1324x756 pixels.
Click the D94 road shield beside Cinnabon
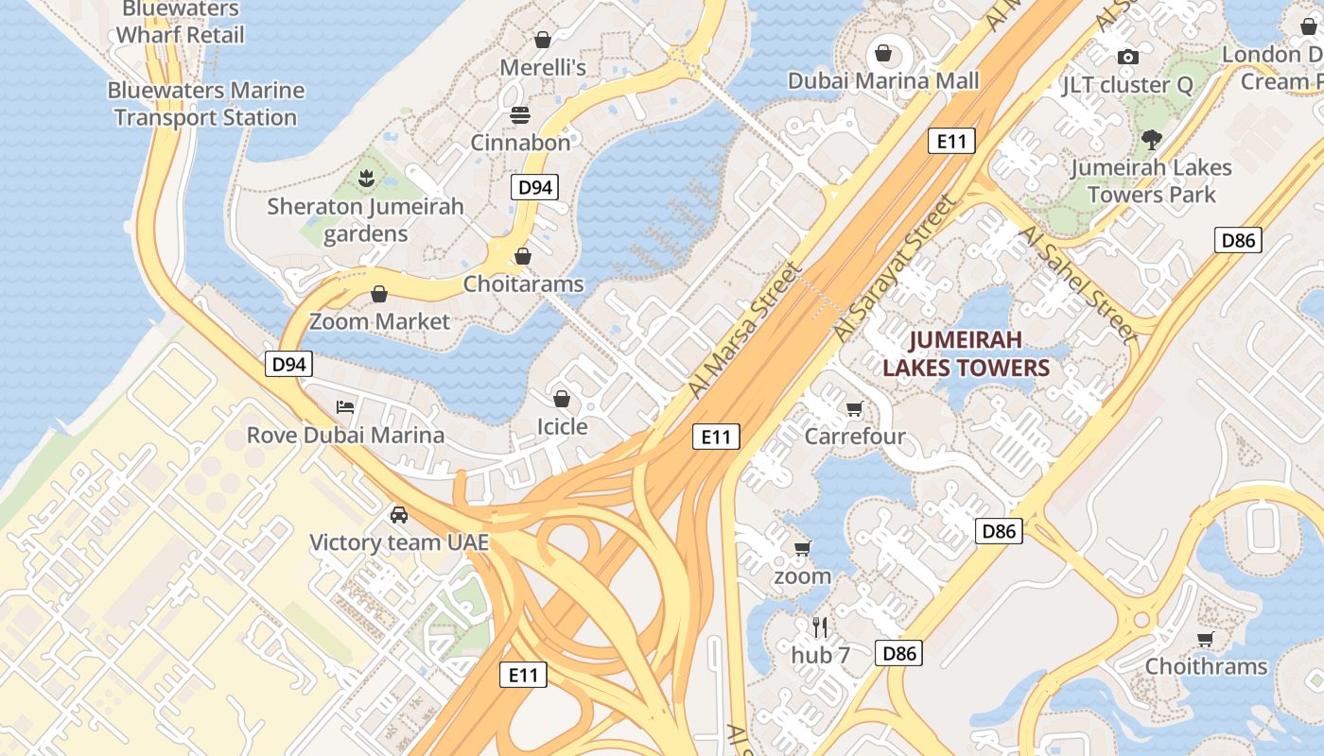coord(534,187)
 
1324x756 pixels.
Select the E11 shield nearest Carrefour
coord(716,437)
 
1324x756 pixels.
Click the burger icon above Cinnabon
coord(520,115)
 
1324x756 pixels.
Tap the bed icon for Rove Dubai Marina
coord(346,407)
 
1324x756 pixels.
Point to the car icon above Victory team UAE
coord(399,515)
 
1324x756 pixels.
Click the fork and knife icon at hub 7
coord(820,627)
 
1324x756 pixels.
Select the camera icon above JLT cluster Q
coord(1127,58)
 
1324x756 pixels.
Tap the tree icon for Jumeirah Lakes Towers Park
coord(1151,140)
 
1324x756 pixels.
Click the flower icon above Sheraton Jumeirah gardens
coord(365,177)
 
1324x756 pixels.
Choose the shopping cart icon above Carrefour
coord(854,409)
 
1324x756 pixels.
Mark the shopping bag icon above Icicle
coord(562,399)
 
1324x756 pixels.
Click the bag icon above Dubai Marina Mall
coord(883,53)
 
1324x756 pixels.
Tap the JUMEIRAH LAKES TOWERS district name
coord(966,353)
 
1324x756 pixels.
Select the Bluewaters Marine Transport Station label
coord(206,104)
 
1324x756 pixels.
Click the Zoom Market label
coord(380,321)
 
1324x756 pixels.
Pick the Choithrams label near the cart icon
coord(1206,666)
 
